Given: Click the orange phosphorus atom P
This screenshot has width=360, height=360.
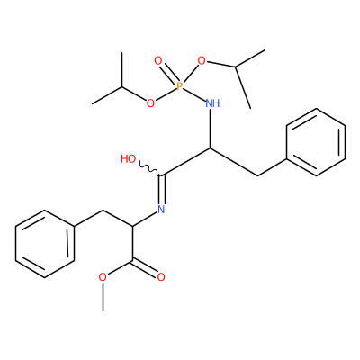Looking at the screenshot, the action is (180, 86).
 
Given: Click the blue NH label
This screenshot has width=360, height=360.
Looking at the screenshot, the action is (212, 103).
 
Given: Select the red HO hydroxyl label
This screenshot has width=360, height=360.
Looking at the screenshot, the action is (129, 159).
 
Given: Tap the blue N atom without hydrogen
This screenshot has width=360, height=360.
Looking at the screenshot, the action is (161, 209).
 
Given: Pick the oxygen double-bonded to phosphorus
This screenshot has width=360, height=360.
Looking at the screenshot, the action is (157, 61).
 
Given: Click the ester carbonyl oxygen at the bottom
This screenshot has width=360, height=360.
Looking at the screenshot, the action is (161, 277).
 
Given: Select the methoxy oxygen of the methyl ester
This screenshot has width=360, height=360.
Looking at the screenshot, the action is (103, 277).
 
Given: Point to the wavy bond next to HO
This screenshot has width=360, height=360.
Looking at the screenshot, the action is (149, 169).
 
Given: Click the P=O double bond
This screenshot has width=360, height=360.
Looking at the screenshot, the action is (168, 74).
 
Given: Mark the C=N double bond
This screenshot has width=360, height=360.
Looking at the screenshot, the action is (162, 190).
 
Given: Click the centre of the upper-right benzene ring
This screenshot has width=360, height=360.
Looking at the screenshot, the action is (316, 142).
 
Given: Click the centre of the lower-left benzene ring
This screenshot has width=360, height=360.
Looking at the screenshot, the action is (44, 244).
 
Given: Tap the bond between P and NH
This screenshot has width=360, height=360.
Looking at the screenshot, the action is (194, 94).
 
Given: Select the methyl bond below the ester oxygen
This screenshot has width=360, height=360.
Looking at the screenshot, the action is (103, 296).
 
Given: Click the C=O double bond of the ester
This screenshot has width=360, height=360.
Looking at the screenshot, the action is (145, 268).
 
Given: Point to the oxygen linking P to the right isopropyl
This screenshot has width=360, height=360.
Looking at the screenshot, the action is (202, 61).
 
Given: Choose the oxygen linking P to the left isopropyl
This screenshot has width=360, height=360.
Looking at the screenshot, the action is (150, 103).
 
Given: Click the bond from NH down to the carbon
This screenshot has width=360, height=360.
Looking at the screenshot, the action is (211, 129).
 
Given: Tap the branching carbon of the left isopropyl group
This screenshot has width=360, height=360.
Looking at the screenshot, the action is (122, 87).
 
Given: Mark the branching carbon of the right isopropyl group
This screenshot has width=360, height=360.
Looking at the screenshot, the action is (236, 67).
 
